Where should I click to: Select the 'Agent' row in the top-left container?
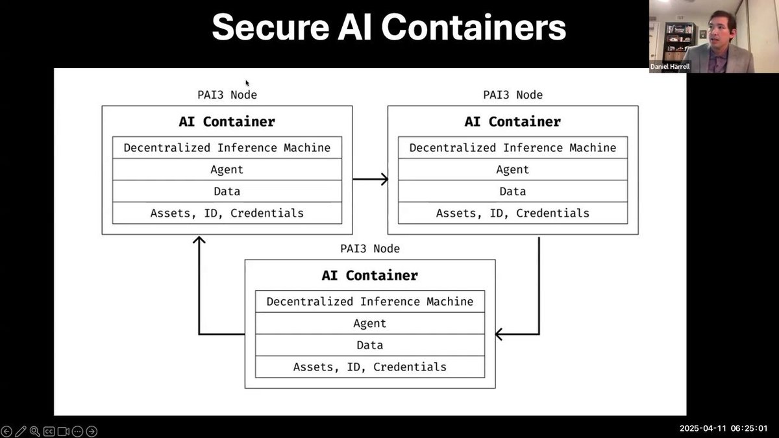227,169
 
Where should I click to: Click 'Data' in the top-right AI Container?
513,191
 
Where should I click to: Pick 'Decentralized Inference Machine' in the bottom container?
370,302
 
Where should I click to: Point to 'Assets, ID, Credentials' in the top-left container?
227,213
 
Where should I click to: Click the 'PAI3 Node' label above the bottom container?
370,249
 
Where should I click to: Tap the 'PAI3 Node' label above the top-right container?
513,95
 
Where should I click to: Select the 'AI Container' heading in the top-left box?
227,121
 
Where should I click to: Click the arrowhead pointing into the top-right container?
384,179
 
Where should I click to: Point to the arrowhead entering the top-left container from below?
199,240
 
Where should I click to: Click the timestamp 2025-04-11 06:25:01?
723,428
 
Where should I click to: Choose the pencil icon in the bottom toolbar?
20,431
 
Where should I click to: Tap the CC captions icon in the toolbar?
49,431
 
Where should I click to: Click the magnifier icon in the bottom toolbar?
34,431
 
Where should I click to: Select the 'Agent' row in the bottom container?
370,323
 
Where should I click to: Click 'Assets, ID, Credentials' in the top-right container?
513,213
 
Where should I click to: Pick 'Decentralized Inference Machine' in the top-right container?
513,148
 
